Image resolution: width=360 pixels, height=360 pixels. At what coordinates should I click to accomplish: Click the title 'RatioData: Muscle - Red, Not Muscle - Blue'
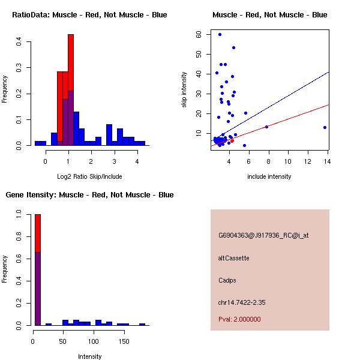tap(90, 14)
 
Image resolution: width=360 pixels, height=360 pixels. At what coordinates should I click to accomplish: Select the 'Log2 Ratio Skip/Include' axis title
tap(90, 176)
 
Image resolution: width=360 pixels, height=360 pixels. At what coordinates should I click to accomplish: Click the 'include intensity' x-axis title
tap(269, 176)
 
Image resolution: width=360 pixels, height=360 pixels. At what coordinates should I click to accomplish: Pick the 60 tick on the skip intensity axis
tap(199, 34)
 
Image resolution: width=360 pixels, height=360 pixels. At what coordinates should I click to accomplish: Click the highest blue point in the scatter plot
tap(220, 34)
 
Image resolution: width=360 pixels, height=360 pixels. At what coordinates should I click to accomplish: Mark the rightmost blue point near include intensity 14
tap(325, 127)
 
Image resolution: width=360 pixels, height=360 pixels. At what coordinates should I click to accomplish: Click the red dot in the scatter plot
tap(232, 140)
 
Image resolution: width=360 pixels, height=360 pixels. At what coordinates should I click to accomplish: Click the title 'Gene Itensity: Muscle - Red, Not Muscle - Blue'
tap(90, 194)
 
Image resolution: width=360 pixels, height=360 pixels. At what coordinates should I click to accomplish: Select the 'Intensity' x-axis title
tap(90, 356)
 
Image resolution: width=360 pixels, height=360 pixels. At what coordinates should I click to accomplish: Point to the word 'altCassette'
tap(234, 258)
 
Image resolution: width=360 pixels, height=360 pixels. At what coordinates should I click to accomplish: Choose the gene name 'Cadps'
tap(226, 280)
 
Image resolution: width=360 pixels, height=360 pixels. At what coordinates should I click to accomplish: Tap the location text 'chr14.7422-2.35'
tap(242, 302)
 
